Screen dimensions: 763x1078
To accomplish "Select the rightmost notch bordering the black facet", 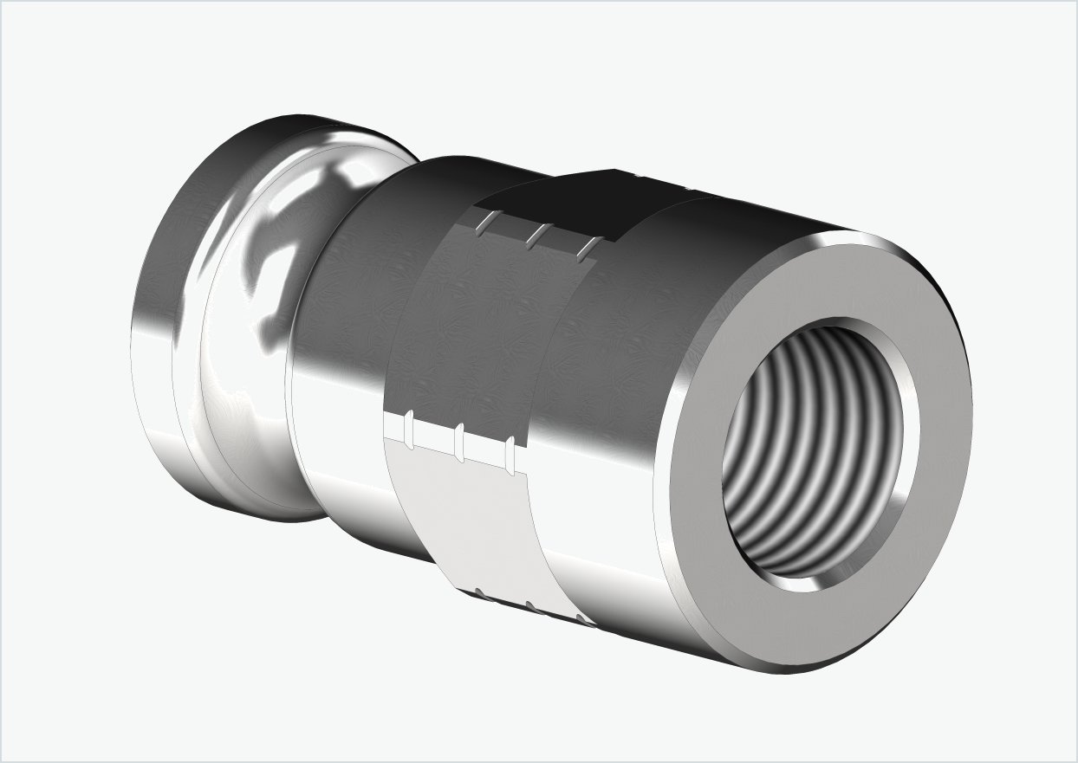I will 588,249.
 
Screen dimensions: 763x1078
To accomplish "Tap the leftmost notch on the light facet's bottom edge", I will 479,593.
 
